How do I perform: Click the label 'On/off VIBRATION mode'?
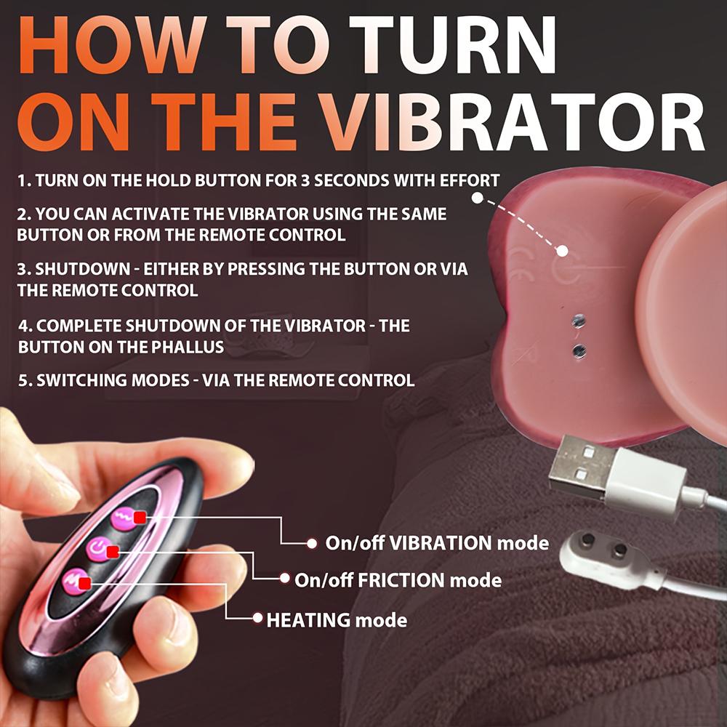click(x=436, y=542)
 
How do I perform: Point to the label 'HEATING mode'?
click(x=337, y=619)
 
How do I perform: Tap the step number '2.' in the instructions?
click(x=24, y=214)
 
